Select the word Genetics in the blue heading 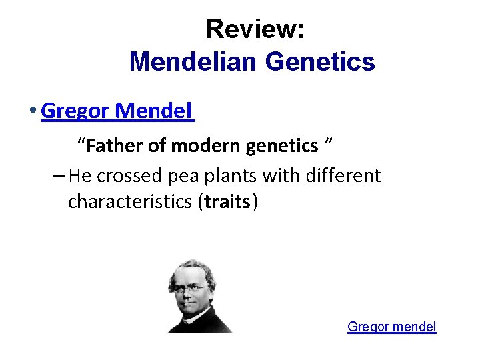click(x=320, y=62)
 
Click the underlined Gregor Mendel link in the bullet click(x=117, y=111)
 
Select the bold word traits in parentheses click(x=227, y=201)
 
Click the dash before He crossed click(x=57, y=177)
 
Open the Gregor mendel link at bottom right click(x=391, y=327)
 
